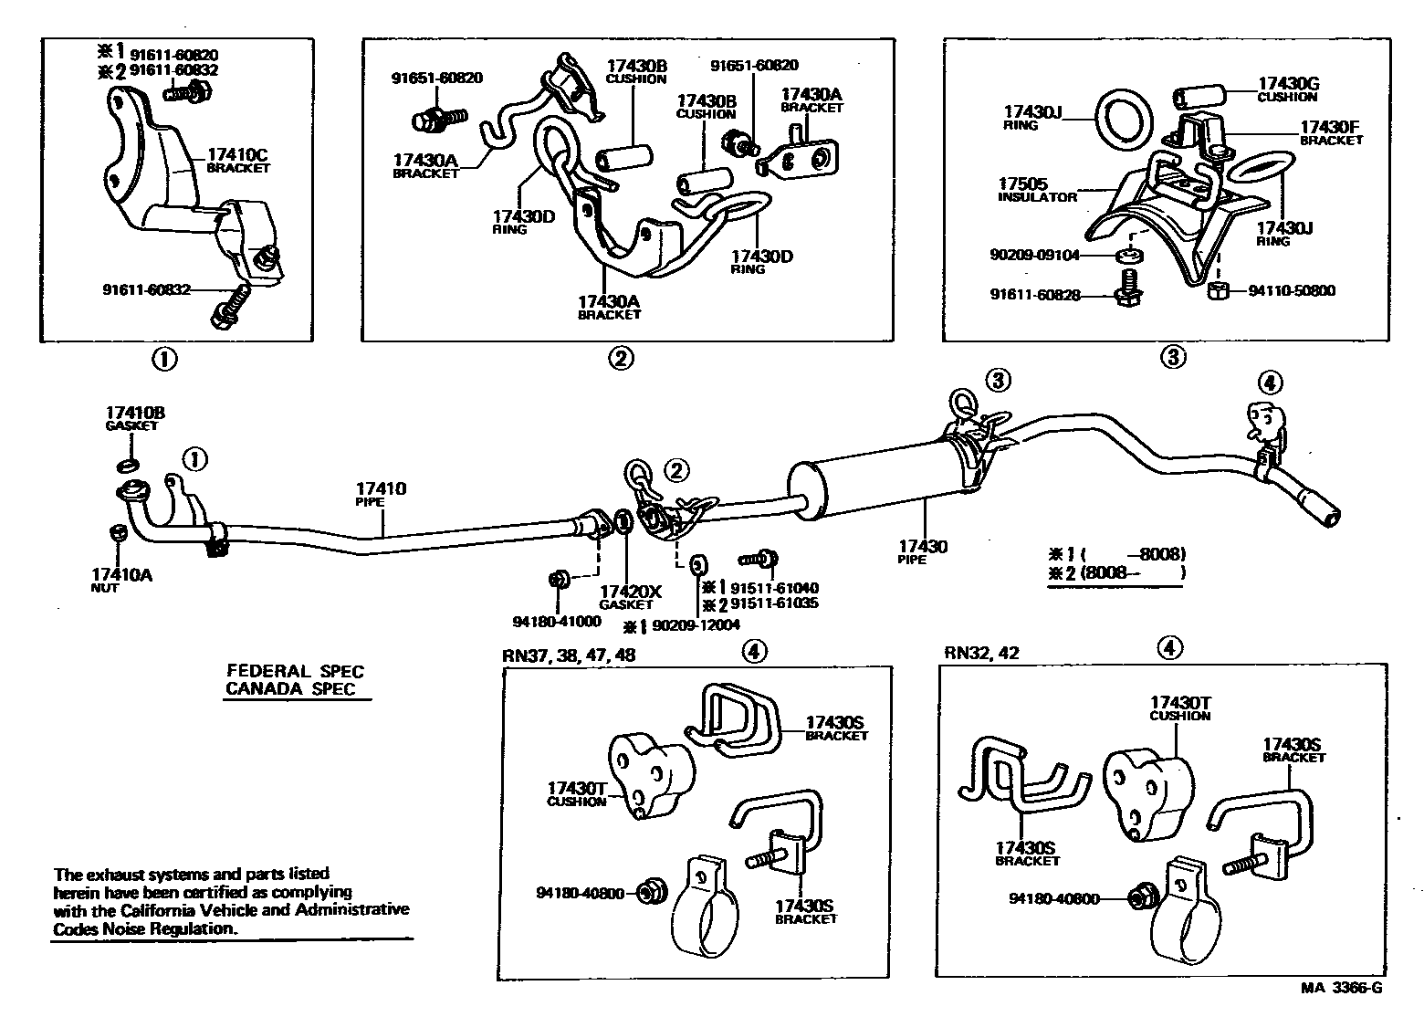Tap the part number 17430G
1288,83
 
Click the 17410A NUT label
121,580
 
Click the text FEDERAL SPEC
295,672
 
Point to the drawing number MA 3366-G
1341,988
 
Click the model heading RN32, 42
982,653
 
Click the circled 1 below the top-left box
163,360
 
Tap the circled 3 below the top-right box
1172,358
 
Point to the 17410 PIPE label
382,494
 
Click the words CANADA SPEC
289,689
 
